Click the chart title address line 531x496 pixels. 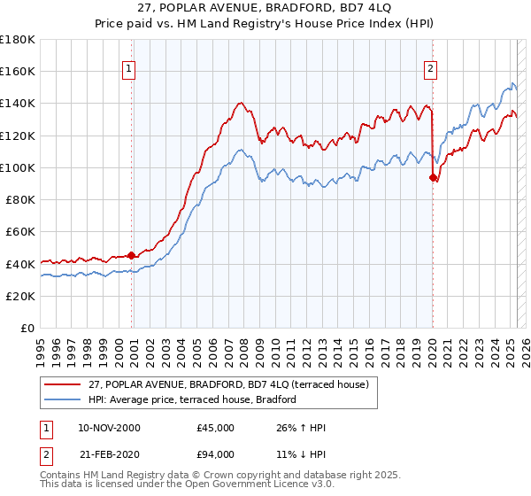pos(265,10)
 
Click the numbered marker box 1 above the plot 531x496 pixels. pos(129,68)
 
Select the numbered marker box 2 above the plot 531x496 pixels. pos(430,68)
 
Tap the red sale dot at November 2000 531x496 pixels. pos(132,255)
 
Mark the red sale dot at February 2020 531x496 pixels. pos(433,177)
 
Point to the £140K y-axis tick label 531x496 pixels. pos(18,103)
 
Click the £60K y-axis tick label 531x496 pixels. pos(20,231)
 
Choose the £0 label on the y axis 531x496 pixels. pos(28,328)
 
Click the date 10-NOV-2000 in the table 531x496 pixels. pos(109,428)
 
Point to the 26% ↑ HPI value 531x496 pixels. pos(301,428)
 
